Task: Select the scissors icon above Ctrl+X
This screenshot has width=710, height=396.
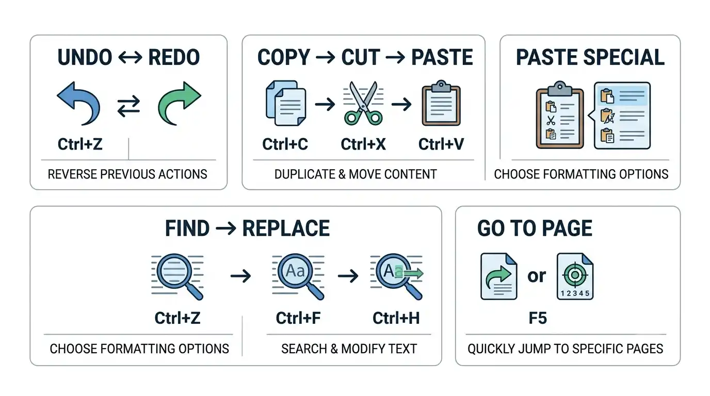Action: (x=363, y=103)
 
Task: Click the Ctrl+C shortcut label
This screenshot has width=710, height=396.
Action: (x=285, y=144)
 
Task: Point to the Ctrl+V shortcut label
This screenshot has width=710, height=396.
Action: (x=441, y=144)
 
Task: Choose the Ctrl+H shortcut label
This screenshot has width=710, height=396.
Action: (x=396, y=318)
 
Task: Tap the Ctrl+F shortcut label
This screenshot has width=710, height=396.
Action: (x=298, y=318)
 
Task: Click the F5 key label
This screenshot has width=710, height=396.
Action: (x=538, y=318)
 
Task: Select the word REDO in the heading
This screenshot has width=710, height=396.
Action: (x=174, y=57)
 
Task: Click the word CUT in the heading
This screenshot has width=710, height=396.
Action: (x=361, y=57)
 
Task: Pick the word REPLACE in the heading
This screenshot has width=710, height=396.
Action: (x=286, y=228)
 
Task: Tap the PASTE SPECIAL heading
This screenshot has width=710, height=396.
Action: (x=590, y=57)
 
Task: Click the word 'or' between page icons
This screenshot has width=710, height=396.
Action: (x=537, y=276)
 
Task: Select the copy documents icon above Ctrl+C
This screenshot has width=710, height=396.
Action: (x=286, y=103)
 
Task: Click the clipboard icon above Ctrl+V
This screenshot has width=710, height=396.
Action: (x=441, y=103)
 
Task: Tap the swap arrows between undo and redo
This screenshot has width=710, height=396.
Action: (x=128, y=106)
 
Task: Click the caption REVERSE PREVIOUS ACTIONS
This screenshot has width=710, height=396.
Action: (x=127, y=174)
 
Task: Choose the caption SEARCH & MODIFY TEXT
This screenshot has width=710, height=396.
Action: (x=349, y=349)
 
